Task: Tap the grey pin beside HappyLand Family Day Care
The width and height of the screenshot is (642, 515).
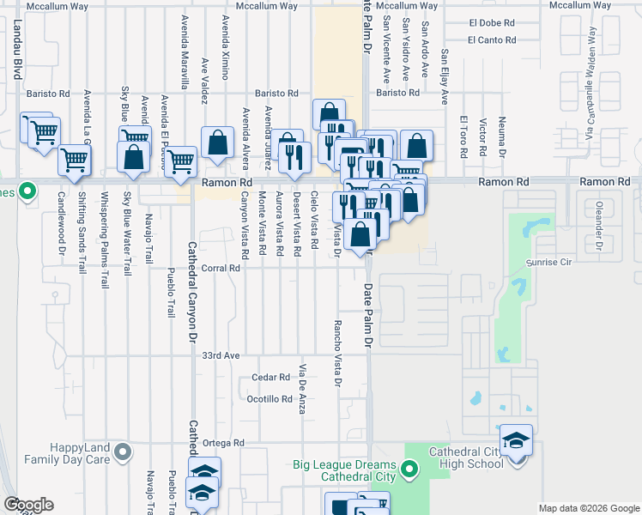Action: (x=123, y=451)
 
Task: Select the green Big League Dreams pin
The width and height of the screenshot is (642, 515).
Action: (x=410, y=469)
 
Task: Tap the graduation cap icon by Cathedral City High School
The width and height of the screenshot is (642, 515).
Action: (x=516, y=441)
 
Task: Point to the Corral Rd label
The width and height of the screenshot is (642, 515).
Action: (x=220, y=268)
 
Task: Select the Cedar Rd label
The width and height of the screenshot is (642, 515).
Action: (x=271, y=378)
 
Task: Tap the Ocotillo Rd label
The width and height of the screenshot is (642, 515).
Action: (x=270, y=399)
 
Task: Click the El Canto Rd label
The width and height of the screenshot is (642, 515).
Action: (x=492, y=39)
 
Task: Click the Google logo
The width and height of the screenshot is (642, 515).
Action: (x=28, y=505)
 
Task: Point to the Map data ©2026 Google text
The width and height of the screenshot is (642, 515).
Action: (x=588, y=508)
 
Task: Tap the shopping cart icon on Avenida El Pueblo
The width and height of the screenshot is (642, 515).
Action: (x=180, y=161)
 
